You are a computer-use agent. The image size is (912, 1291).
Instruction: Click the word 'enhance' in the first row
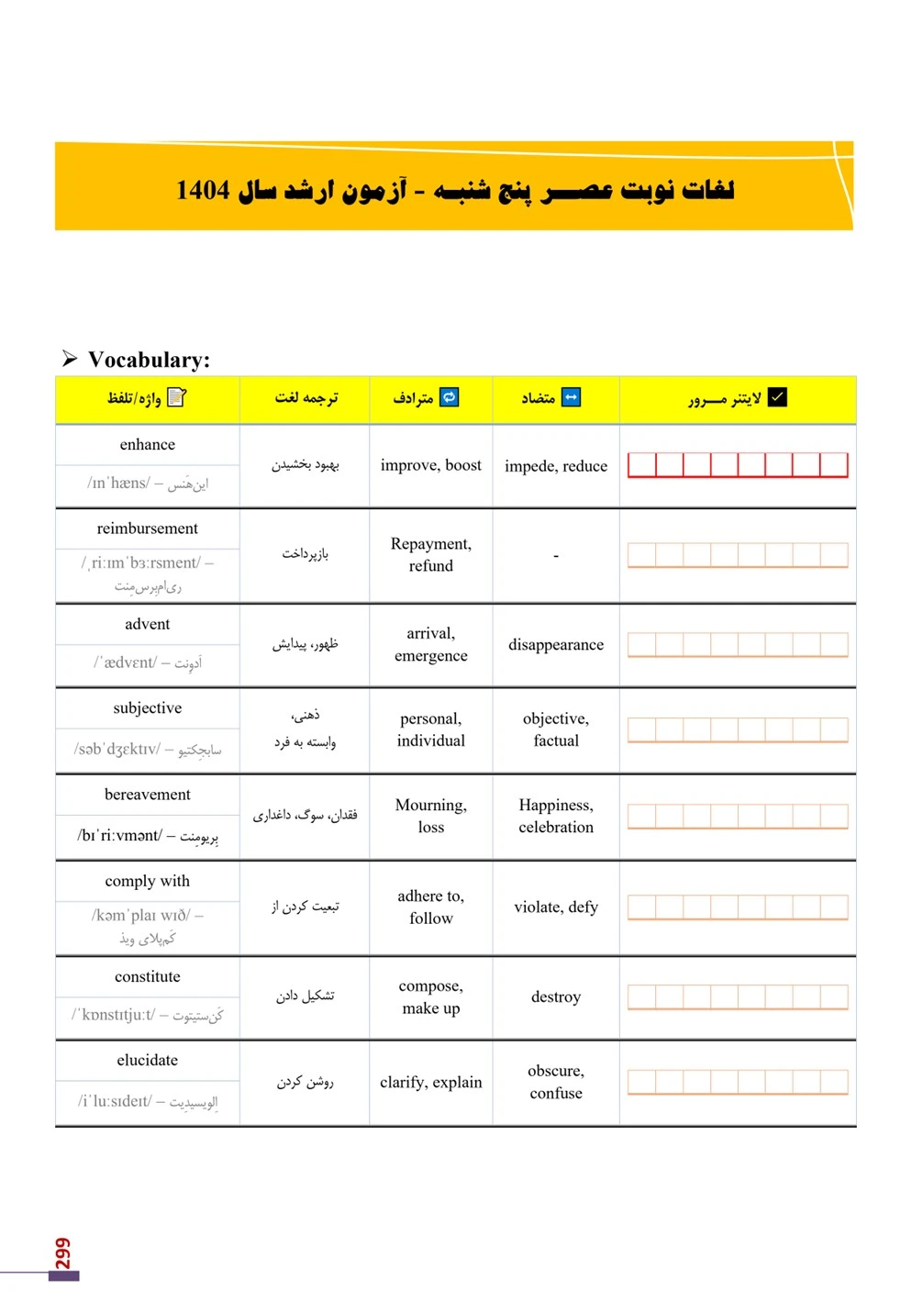pyautogui.click(x=147, y=445)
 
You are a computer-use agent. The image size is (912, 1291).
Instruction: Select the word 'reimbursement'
pyautogui.click(x=147, y=529)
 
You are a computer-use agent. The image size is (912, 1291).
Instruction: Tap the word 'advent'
pyautogui.click(x=147, y=624)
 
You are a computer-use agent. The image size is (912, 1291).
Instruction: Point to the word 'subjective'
pyautogui.click(x=147, y=708)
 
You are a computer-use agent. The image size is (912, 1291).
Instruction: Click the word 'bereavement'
pyautogui.click(x=147, y=795)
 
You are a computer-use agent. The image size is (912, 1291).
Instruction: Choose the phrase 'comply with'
pyautogui.click(x=147, y=881)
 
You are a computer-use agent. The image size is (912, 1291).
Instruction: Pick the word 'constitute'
pyautogui.click(x=147, y=976)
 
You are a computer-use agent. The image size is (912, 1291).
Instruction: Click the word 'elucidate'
pyautogui.click(x=147, y=1060)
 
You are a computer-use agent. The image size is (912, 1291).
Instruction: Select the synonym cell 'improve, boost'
pyautogui.click(x=430, y=465)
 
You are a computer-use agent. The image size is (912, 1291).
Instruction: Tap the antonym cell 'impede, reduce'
pyautogui.click(x=555, y=466)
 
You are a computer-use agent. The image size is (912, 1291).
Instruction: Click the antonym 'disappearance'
pyautogui.click(x=555, y=645)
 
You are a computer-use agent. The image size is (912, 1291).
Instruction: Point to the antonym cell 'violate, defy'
pyautogui.click(x=555, y=907)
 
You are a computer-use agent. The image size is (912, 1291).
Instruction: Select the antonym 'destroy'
pyautogui.click(x=555, y=997)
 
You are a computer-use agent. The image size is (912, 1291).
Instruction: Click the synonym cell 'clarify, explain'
pyautogui.click(x=430, y=1083)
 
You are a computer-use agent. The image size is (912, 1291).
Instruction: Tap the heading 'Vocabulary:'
pyautogui.click(x=149, y=360)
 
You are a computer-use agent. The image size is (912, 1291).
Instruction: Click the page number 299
pyautogui.click(x=62, y=1253)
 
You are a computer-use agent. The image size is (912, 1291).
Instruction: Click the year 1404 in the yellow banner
pyautogui.click(x=203, y=190)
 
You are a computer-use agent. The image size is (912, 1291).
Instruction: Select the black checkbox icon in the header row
pyautogui.click(x=777, y=397)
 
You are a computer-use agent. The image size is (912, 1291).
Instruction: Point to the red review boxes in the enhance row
pyautogui.click(x=737, y=465)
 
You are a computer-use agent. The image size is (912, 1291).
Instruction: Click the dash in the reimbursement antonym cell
pyautogui.click(x=556, y=556)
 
